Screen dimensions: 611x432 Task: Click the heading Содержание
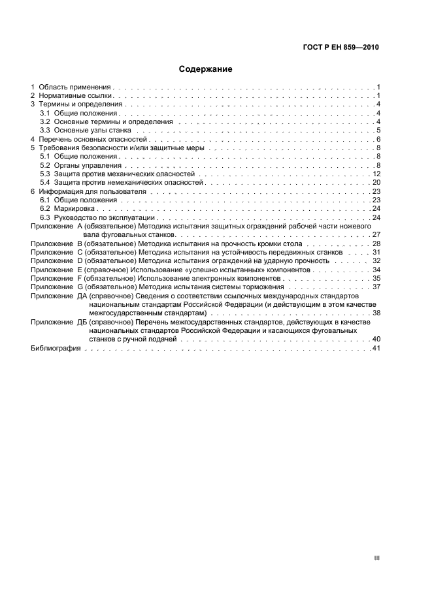point(206,69)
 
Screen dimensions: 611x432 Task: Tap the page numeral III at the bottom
point(376,559)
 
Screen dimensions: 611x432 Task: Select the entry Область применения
point(75,87)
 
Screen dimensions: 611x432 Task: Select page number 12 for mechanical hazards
point(376,174)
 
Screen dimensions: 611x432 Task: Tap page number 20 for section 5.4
point(376,183)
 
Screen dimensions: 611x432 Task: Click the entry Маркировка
point(76,208)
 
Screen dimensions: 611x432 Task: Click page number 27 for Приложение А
point(376,234)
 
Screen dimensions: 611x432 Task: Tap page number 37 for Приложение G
point(376,287)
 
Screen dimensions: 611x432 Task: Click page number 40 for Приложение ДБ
point(376,339)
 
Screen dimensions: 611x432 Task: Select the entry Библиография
point(56,349)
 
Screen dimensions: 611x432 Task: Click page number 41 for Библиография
point(376,349)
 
